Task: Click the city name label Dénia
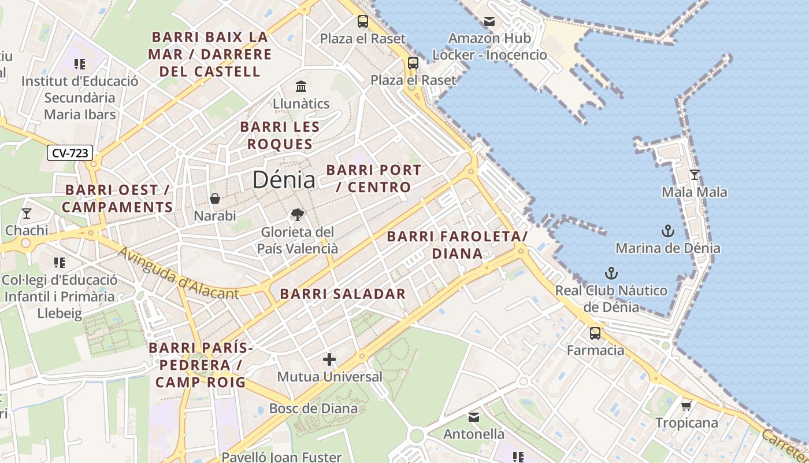click(284, 180)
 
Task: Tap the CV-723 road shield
click(69, 153)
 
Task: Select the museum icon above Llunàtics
click(301, 87)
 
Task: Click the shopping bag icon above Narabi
click(215, 199)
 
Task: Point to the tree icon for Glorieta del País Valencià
click(298, 215)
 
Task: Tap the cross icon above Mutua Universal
click(329, 360)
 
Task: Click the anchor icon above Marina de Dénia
click(667, 231)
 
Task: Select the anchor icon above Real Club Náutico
click(611, 273)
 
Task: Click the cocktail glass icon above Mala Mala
click(695, 175)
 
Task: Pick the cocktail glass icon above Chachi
click(27, 214)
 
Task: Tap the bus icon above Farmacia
click(595, 333)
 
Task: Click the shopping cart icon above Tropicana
click(686, 406)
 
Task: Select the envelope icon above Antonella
click(474, 417)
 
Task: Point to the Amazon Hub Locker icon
click(489, 22)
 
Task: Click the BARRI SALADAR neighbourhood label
click(343, 293)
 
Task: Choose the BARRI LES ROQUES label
click(280, 135)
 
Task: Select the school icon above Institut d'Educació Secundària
click(80, 64)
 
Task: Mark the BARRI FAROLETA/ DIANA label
click(457, 245)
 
